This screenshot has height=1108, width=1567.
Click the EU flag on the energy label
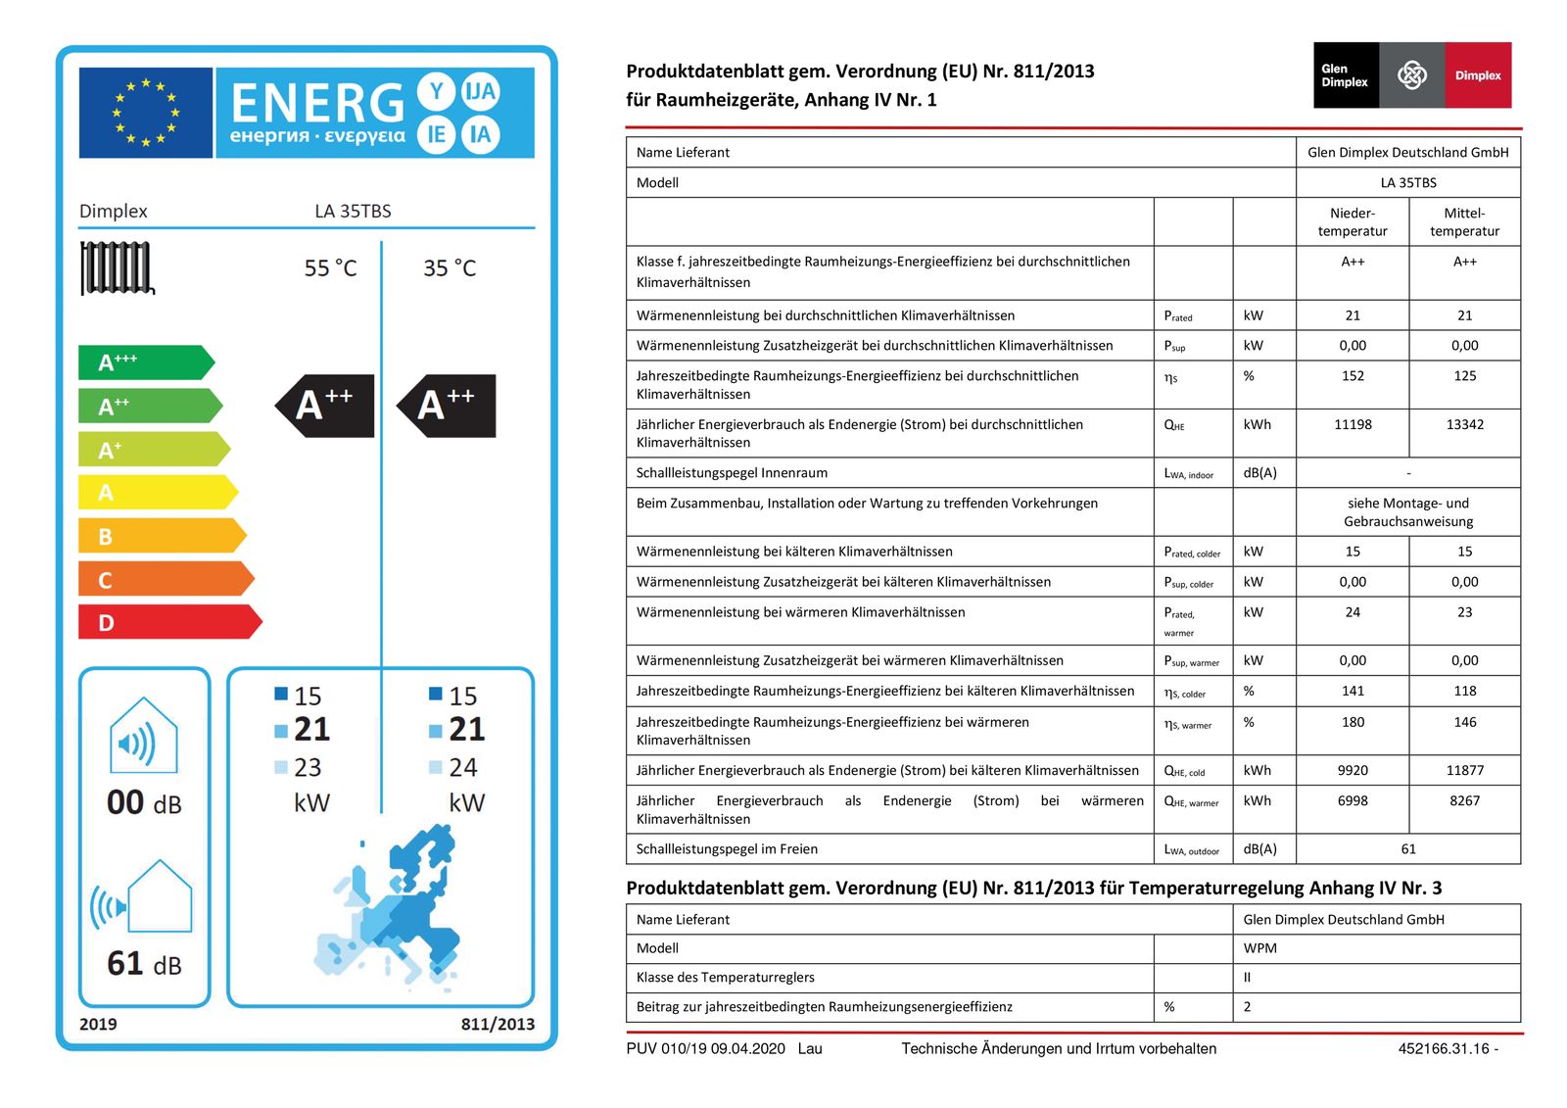tap(145, 113)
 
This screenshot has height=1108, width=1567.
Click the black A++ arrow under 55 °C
tap(325, 405)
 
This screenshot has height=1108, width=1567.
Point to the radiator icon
tap(117, 267)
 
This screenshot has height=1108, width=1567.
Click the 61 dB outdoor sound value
tap(144, 964)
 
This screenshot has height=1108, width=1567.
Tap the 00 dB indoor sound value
tap(144, 802)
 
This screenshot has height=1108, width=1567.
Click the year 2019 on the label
tap(98, 1024)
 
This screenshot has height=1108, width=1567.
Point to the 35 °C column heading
tap(450, 268)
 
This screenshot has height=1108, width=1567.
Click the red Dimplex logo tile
tap(1478, 75)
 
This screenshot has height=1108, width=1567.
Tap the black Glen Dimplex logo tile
tap(1345, 75)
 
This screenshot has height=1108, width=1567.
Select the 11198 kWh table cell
tap(1353, 424)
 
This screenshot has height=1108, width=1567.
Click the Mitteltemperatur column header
tap(1464, 221)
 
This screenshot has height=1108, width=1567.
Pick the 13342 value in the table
tap(1464, 424)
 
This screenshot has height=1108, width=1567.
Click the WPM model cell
tap(1260, 948)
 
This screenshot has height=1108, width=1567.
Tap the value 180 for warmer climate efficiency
tap(1353, 722)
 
